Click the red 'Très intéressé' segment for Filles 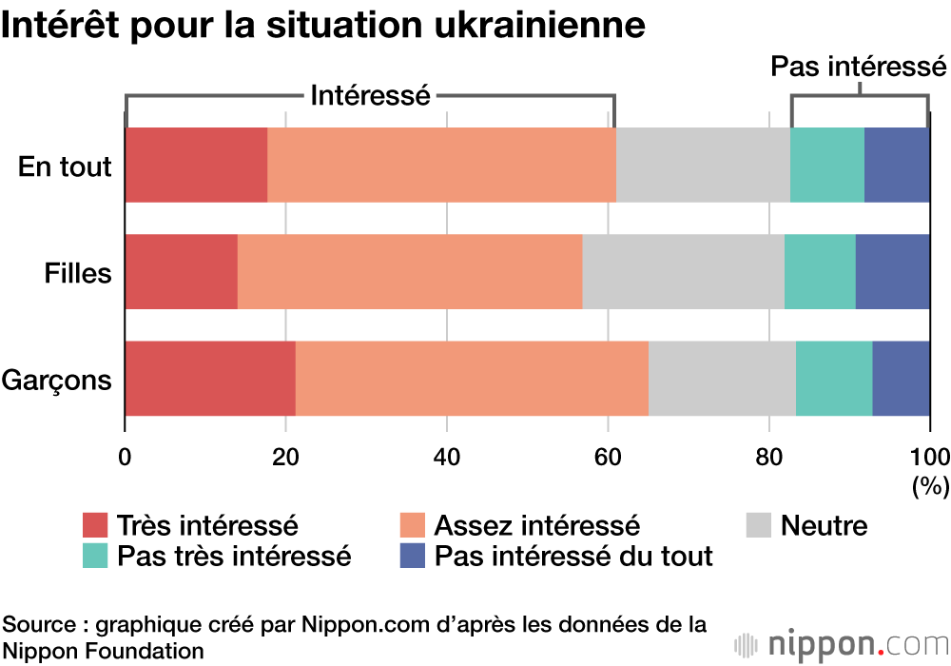click(x=181, y=271)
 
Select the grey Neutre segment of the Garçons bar click(x=722, y=378)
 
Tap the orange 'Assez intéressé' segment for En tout click(x=441, y=165)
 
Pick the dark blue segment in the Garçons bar click(x=901, y=378)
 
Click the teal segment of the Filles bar click(x=820, y=271)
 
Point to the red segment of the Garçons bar click(x=210, y=378)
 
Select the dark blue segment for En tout click(x=897, y=165)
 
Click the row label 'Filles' click(x=78, y=274)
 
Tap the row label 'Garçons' click(x=57, y=381)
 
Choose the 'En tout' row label click(x=65, y=167)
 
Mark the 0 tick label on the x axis click(x=125, y=454)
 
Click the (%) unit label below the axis click(x=930, y=486)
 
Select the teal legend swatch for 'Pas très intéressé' click(x=95, y=556)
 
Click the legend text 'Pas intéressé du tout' click(x=573, y=556)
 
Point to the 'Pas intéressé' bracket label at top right click(x=858, y=67)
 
